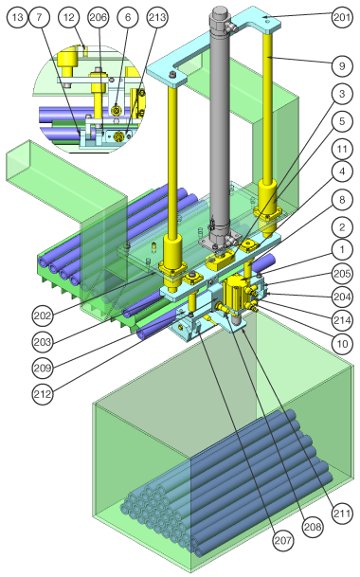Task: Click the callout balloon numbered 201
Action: tap(342, 17)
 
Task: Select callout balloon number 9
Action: tap(342, 66)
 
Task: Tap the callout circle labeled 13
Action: tap(17, 17)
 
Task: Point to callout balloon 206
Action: tap(99, 17)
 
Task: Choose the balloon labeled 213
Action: tap(157, 17)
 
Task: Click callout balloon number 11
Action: tap(342, 149)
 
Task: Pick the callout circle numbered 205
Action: tap(342, 274)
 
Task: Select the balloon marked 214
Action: tap(342, 320)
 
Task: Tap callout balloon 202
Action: tap(43, 316)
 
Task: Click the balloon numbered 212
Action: tap(43, 394)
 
